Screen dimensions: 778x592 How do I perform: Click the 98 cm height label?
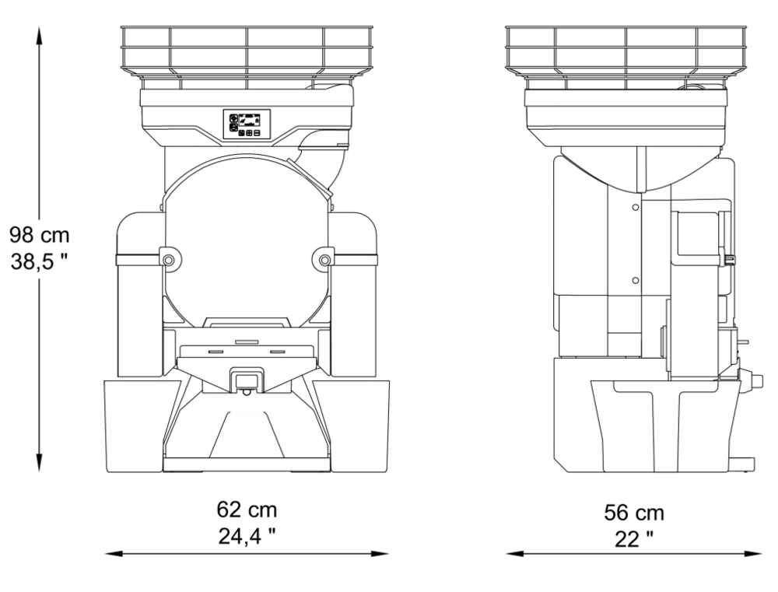pos(40,235)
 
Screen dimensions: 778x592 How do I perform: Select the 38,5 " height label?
pos(39,261)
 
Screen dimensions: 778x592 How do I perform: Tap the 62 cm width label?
pos(247,510)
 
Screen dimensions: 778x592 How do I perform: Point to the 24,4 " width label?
pos(247,536)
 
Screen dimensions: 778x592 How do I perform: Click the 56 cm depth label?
pos(633,513)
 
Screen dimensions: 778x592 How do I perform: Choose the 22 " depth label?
pos(634,539)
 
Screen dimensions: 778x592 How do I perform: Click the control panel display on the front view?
pos(247,124)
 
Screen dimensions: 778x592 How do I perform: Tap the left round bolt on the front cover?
pos(169,260)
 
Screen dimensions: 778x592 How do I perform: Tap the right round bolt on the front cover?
pos(324,260)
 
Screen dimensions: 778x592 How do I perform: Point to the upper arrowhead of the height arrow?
pos(39,35)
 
